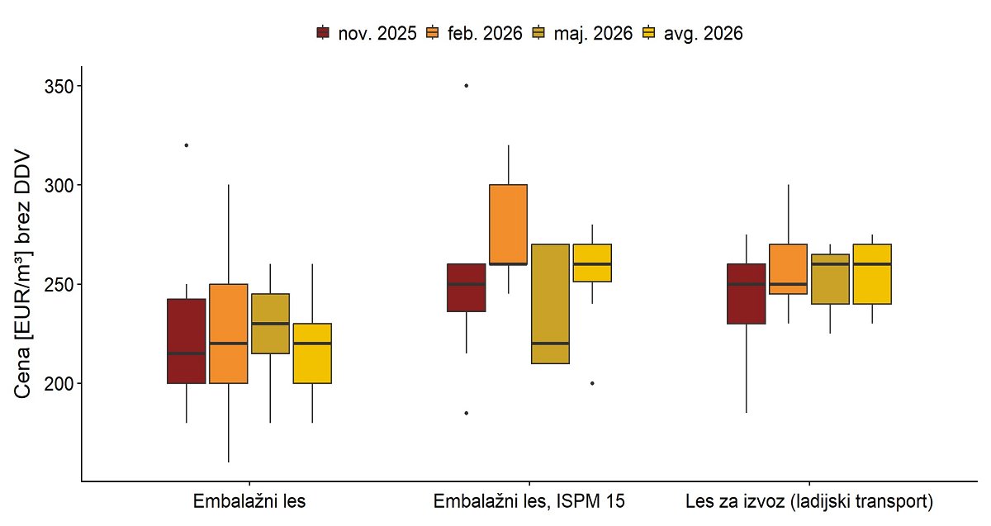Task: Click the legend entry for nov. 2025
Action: click(367, 33)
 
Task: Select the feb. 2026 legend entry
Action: click(474, 33)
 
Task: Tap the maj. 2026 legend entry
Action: click(582, 33)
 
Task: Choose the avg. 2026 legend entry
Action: click(692, 33)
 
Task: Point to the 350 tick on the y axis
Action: click(59, 86)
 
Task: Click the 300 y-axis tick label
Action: click(59, 185)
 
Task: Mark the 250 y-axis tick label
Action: click(59, 284)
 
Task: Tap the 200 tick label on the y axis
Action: click(59, 383)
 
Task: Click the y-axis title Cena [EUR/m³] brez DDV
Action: click(22, 275)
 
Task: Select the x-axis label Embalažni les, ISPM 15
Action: click(529, 501)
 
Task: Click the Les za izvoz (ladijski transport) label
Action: click(809, 501)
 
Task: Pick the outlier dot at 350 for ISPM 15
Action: click(467, 85)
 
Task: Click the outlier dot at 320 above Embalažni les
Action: click(187, 145)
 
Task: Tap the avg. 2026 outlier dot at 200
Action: click(592, 383)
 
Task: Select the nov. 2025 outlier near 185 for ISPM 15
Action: click(467, 413)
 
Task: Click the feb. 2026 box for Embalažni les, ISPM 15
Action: click(509, 225)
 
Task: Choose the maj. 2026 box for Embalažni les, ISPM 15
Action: click(550, 304)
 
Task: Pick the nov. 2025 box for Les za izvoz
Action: click(747, 294)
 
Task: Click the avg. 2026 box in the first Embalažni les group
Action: click(312, 353)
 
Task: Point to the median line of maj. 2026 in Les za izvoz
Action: click(830, 264)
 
